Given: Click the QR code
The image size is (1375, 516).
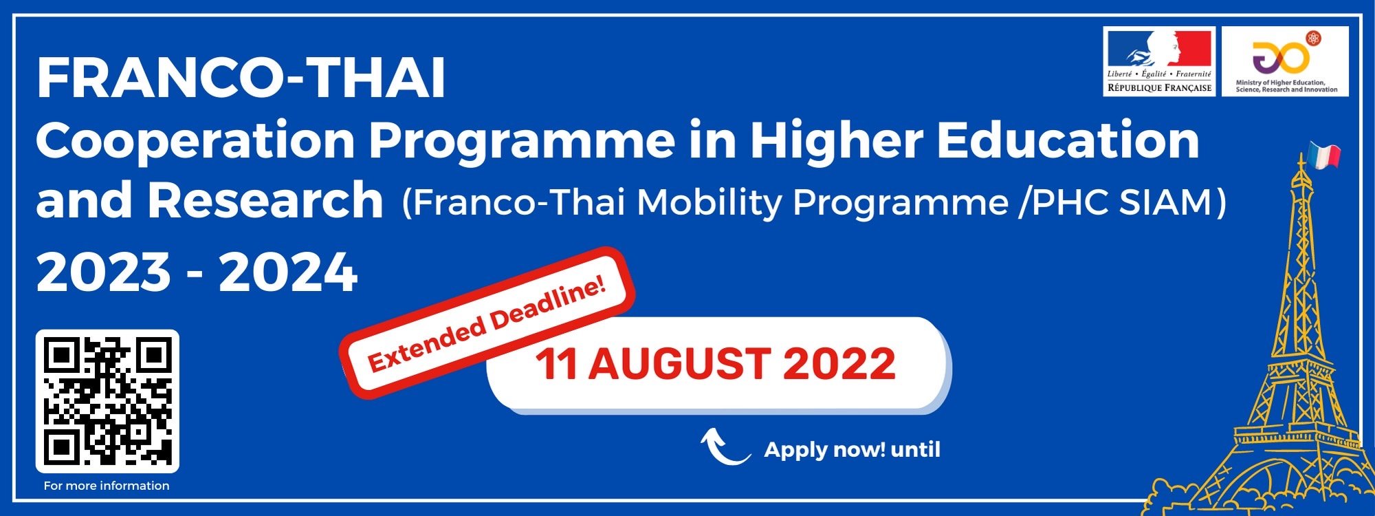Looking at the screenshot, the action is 107,401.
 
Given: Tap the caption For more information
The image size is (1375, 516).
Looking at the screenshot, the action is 107,486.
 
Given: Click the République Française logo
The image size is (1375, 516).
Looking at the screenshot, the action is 1159,61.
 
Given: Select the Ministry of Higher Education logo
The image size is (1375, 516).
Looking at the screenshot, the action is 1285,61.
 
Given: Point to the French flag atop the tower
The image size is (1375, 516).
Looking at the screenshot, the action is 1324,155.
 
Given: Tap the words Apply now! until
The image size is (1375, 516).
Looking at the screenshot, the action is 852,450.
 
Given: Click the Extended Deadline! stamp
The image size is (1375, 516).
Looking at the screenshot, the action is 487,322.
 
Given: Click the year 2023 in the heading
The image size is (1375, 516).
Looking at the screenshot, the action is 103,272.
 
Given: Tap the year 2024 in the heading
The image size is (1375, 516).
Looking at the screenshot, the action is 288,272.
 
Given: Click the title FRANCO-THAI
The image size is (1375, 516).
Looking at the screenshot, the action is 241,78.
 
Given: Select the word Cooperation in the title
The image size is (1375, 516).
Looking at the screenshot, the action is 195,140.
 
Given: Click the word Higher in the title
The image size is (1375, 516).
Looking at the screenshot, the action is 837,142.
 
